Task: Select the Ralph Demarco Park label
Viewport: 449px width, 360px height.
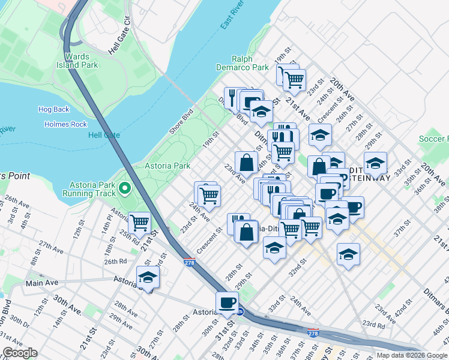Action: coord(251,63)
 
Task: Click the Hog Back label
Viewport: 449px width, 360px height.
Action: coord(54,109)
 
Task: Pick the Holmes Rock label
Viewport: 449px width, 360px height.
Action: coord(66,124)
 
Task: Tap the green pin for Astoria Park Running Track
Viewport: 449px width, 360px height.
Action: coord(125,188)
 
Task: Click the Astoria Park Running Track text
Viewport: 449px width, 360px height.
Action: coord(87,188)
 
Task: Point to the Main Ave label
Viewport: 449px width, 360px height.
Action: coord(41,282)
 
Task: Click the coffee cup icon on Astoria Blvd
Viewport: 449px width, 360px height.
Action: coord(227,302)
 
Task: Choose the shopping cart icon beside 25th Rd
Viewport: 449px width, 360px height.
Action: coord(140,222)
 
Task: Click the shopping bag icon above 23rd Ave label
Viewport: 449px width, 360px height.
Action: coord(247,161)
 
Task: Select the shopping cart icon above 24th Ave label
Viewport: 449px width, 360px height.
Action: coord(209,194)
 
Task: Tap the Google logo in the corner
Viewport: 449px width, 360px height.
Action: coord(20,353)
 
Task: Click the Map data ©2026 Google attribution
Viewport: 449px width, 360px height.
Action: coord(411,355)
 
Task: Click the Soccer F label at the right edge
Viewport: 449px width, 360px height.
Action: coord(433,139)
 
